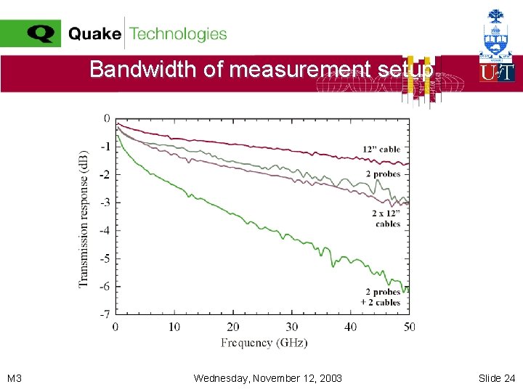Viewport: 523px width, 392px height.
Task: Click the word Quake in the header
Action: [94, 34]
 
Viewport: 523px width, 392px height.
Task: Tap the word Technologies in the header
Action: [178, 34]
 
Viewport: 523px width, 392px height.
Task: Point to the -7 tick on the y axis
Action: [105, 314]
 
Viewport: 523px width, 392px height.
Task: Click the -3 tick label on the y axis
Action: [105, 203]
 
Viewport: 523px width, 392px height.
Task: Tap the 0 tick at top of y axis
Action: [107, 118]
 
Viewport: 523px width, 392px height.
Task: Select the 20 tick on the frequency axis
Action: [233, 327]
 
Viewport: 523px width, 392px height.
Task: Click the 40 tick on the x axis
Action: [351, 327]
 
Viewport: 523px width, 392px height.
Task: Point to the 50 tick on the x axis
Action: [409, 327]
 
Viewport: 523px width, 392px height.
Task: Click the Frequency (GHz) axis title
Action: [264, 343]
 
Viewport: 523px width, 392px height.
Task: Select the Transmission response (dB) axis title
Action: [84, 219]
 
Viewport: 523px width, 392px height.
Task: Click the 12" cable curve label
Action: [381, 150]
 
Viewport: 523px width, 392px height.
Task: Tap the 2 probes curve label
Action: [383, 174]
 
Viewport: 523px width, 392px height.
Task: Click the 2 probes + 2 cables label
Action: [381, 297]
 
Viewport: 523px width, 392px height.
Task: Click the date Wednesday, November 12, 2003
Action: [268, 378]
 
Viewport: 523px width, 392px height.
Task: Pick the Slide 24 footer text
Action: [497, 378]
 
